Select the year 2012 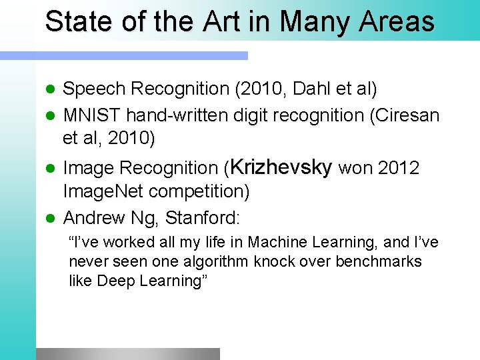pos(399,169)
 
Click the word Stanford pos(203,218)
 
